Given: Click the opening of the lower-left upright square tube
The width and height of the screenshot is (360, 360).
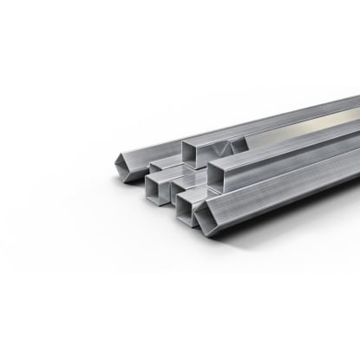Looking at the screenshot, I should (158, 189).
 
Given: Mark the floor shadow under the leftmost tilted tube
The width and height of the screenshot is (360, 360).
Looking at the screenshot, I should (130, 184).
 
